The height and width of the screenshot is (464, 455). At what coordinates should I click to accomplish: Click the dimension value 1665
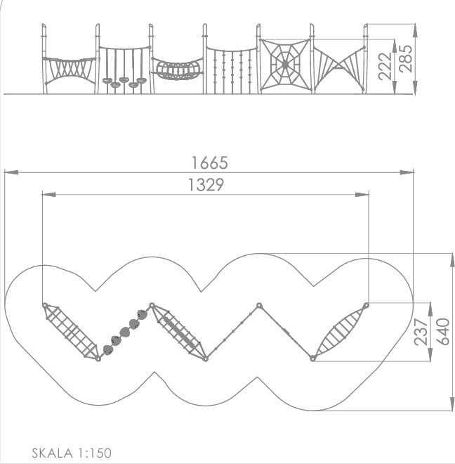click(210, 163)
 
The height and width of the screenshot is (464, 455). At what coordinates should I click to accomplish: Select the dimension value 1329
click(206, 185)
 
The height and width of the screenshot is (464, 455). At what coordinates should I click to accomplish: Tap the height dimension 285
click(406, 58)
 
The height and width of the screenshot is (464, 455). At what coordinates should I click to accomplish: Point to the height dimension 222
click(385, 66)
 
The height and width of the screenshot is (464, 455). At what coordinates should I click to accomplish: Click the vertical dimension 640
click(444, 331)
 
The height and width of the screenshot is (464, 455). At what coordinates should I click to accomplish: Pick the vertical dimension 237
click(421, 332)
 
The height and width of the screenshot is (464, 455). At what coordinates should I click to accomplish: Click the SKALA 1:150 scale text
click(72, 453)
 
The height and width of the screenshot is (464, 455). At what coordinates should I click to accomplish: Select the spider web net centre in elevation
click(285, 65)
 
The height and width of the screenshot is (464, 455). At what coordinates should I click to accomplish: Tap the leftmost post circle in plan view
click(45, 305)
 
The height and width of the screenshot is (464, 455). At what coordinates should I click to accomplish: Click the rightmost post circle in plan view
click(366, 305)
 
